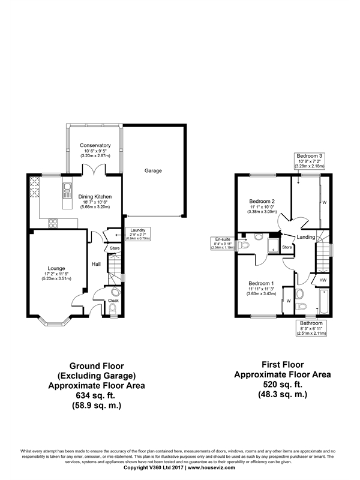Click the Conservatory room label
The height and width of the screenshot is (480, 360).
pos(95,145)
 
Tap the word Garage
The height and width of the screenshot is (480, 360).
pos(153,171)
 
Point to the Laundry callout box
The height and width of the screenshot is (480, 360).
pos(138,233)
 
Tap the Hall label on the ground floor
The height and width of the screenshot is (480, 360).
pos(95,263)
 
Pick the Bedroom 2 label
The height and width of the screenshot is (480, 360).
pos(262,201)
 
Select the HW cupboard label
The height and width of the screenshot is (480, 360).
pos(322,280)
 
